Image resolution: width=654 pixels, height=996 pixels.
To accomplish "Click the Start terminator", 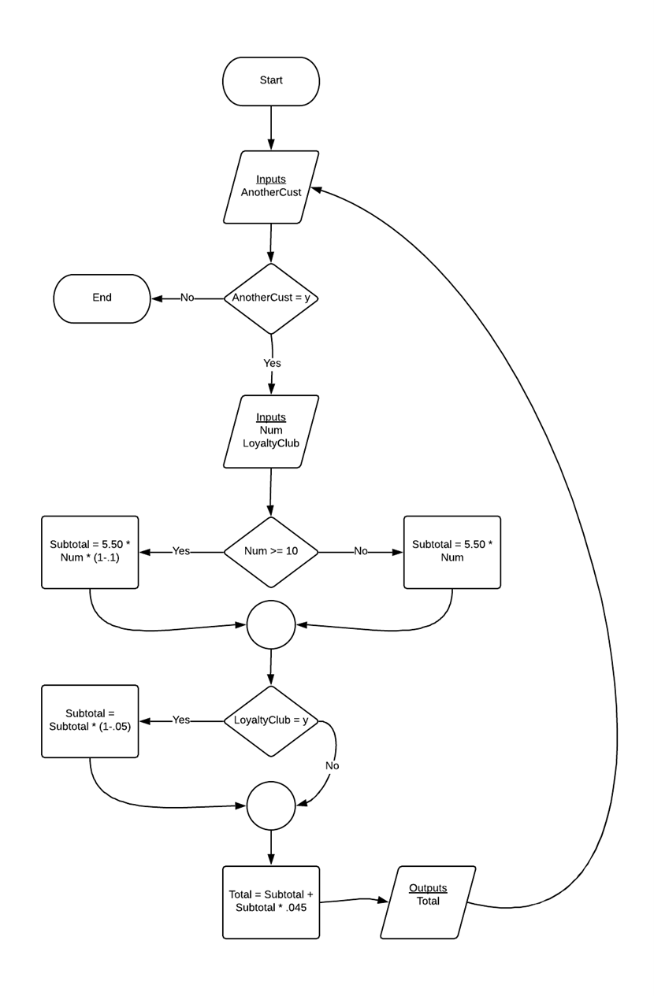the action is point(271,81).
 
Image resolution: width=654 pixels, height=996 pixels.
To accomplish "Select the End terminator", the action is point(102,298).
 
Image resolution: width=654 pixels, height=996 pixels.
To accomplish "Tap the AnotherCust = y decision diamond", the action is point(271,298).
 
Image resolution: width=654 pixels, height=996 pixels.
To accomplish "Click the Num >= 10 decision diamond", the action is point(271,552).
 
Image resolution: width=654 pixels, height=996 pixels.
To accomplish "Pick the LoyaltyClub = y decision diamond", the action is point(271,720).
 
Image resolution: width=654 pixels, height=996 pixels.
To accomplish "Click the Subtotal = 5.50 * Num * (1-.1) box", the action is point(90,552).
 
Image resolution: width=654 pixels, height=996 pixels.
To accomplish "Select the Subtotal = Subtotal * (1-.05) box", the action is point(90,721).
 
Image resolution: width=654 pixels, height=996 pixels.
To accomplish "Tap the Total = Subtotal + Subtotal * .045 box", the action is point(271,902).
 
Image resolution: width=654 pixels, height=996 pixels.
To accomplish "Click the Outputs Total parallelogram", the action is point(428,902).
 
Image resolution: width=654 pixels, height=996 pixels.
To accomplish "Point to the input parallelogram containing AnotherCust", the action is point(271,187).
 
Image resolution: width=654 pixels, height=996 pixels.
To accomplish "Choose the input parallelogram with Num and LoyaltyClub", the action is point(271,431).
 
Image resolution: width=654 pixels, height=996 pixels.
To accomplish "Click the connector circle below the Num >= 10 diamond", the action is point(271,624).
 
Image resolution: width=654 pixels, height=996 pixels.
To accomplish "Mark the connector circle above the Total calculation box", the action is point(271,805).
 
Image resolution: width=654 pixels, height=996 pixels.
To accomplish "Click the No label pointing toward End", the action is point(188,298).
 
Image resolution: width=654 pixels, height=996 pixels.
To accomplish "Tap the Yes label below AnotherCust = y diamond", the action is point(272,363).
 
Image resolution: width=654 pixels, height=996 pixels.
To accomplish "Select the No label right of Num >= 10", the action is point(361,551).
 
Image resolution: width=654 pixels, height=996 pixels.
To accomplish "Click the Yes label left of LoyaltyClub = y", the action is point(181,720).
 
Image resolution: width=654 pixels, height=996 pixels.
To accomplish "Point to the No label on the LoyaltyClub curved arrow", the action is point(333,765).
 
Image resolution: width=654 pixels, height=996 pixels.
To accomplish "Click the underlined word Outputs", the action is point(428,888).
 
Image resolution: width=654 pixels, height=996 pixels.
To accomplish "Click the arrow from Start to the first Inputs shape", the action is point(271,128).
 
